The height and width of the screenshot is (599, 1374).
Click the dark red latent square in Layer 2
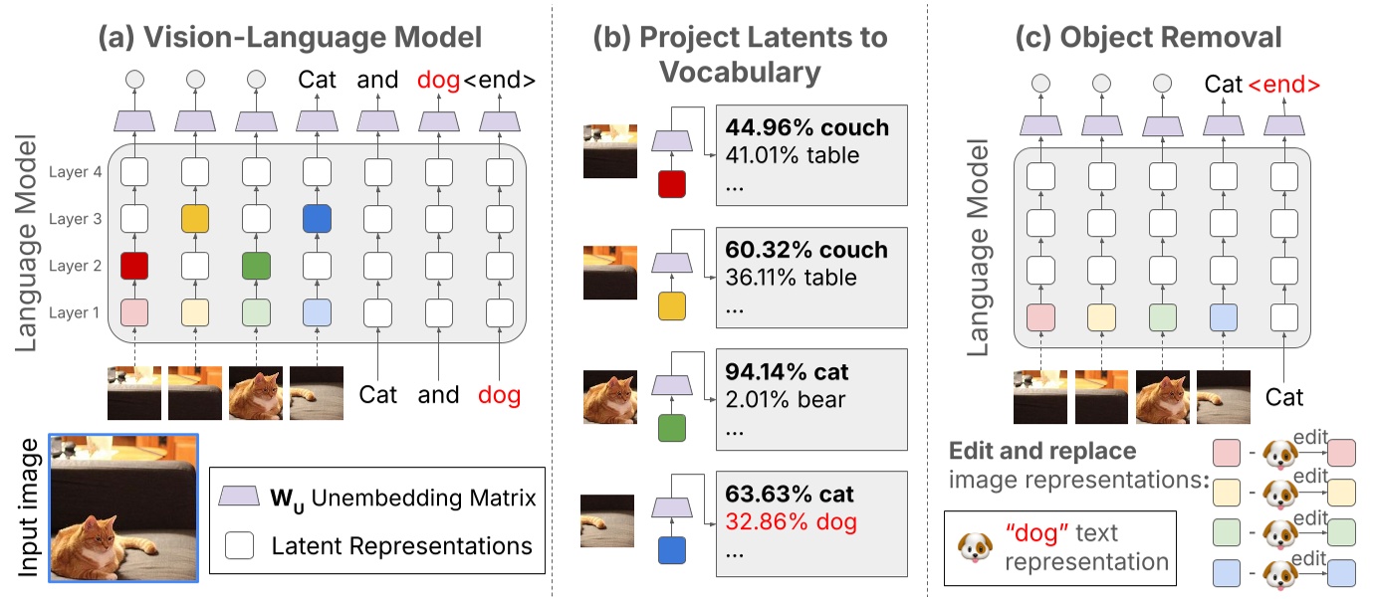click(134, 266)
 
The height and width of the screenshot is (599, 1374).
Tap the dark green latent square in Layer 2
click(256, 266)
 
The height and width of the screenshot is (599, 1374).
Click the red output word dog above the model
click(439, 80)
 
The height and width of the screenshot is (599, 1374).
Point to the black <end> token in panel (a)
click(500, 80)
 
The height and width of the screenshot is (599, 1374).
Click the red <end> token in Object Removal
click(1284, 85)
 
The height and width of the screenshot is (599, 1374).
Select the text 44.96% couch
click(807, 128)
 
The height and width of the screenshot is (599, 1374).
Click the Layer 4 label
click(75, 172)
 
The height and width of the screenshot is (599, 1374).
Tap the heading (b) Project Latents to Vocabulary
click(739, 54)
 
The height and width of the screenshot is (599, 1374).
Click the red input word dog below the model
click(499, 395)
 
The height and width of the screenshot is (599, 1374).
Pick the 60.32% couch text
click(807, 250)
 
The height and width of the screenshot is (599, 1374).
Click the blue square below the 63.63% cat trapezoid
click(672, 547)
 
